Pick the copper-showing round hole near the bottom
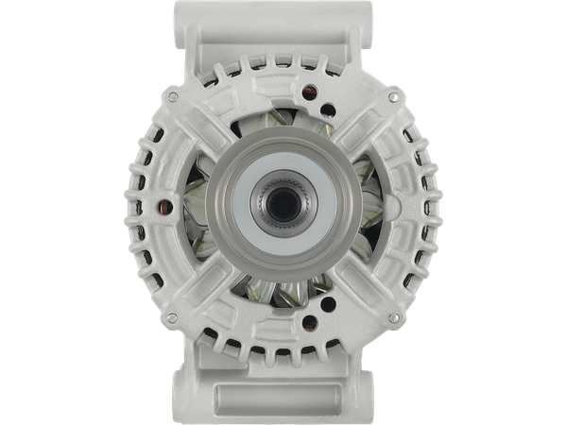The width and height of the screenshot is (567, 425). coord(256,314)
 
